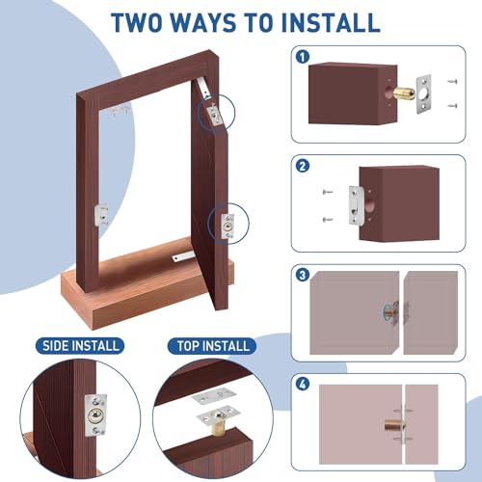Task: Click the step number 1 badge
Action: click(304, 56)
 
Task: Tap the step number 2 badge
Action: click(304, 166)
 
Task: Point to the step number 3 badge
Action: click(304, 275)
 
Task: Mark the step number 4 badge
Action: click(304, 384)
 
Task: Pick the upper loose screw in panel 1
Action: click(454, 82)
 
